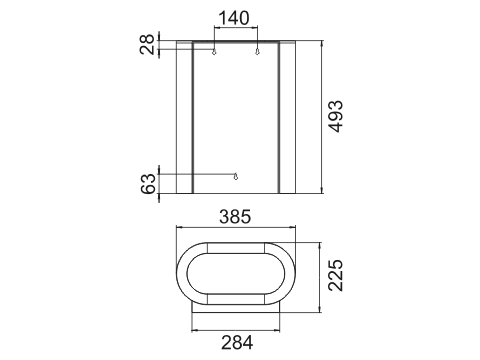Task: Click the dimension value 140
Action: click(x=234, y=18)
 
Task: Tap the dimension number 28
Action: click(x=147, y=44)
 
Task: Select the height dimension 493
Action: click(x=335, y=116)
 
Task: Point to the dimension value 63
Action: click(x=148, y=184)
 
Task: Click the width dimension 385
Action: click(x=235, y=217)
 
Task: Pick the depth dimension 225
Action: click(x=335, y=275)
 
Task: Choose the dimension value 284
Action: click(x=237, y=343)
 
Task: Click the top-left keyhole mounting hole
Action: click(x=214, y=51)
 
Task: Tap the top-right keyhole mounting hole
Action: click(x=257, y=51)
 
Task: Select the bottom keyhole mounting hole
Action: click(x=236, y=176)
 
